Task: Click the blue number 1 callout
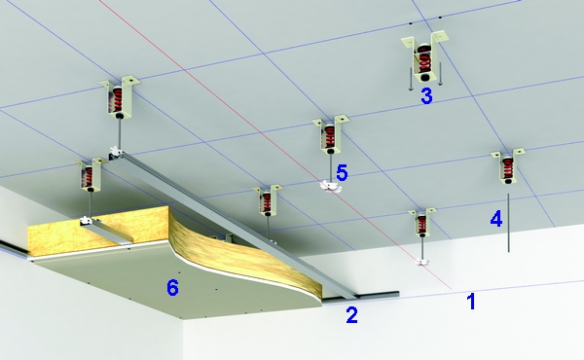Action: [x=471, y=302]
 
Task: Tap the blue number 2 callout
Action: [x=352, y=315]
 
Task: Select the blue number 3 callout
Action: [x=427, y=95]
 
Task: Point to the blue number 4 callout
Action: [x=496, y=219]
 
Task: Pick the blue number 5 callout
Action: [x=342, y=172]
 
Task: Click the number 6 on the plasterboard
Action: [x=172, y=287]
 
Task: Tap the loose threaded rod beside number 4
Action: [x=508, y=223]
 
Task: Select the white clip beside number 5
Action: [x=330, y=187]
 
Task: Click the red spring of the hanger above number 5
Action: [x=329, y=137]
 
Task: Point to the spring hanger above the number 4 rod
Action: [x=507, y=165]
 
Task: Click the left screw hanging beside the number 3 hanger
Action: [x=410, y=79]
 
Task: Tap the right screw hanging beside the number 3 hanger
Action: [x=440, y=73]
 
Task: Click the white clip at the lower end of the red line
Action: [x=422, y=262]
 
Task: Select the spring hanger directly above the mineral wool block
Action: [x=90, y=174]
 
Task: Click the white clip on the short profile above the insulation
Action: [x=89, y=222]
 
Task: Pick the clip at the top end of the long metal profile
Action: [x=116, y=152]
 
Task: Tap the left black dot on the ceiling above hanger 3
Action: [x=411, y=23]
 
